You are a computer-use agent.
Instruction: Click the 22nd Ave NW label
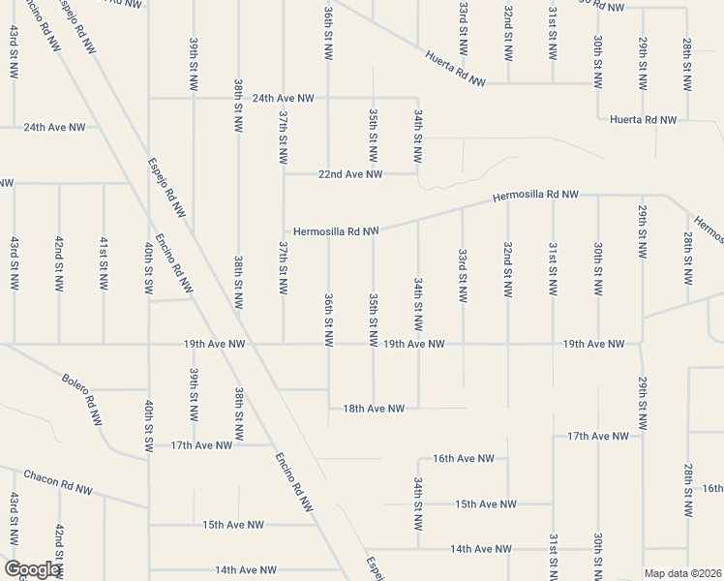point(350,174)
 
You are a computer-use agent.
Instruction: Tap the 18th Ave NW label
point(374,409)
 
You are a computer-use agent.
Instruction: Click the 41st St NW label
point(104,263)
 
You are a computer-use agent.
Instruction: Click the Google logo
point(32,569)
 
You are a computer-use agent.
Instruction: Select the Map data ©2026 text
point(682,573)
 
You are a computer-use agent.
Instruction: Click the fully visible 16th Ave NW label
point(464,458)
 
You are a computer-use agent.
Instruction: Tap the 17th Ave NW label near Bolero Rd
point(201,445)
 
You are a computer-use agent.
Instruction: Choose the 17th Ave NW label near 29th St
point(599,436)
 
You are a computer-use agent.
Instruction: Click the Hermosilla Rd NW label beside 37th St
point(335,231)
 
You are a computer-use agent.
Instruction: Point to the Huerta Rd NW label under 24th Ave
point(643,119)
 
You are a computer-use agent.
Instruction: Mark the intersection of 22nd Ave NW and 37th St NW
point(284,174)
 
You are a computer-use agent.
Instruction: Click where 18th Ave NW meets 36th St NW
point(329,409)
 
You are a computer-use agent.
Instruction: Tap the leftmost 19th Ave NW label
point(213,344)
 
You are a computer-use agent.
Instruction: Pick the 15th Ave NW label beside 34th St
point(486,504)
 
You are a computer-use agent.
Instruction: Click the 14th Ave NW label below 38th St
point(246,570)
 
